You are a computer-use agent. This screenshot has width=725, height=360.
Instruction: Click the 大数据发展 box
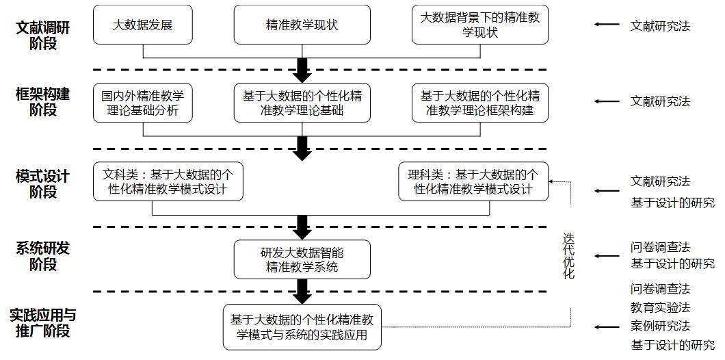[x=143, y=25]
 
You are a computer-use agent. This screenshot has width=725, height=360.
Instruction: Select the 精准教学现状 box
[x=302, y=25]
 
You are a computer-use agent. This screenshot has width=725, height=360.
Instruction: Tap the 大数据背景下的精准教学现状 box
[x=480, y=25]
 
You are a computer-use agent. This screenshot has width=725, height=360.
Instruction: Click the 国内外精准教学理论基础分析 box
[x=143, y=103]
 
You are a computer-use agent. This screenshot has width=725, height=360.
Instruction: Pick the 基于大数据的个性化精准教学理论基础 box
[x=302, y=103]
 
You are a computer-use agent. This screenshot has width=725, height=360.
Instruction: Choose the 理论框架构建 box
[x=480, y=103]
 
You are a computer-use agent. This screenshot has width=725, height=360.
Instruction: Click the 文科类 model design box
[x=168, y=181]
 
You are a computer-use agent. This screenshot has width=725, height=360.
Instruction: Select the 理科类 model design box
[x=473, y=181]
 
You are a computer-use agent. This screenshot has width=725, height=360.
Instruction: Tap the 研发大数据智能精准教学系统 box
[x=302, y=259]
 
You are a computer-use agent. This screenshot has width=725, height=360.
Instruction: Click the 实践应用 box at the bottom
[x=302, y=327]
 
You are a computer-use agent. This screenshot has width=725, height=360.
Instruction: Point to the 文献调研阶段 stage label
[x=43, y=36]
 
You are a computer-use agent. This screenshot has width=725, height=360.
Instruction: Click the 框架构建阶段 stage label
[x=43, y=101]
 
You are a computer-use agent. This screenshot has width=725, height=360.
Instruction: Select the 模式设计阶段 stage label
[x=43, y=184]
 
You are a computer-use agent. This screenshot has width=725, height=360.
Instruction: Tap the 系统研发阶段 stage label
[x=43, y=256]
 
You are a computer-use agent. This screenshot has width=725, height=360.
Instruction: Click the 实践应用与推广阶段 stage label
[x=43, y=324]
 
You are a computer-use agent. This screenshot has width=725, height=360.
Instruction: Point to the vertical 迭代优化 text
[x=568, y=256]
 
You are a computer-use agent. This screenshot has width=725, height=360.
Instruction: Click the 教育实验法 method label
[x=660, y=308]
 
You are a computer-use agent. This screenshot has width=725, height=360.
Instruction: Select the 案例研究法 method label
[x=660, y=326]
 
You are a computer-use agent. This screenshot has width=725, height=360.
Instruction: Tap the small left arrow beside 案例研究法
[x=607, y=327]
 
